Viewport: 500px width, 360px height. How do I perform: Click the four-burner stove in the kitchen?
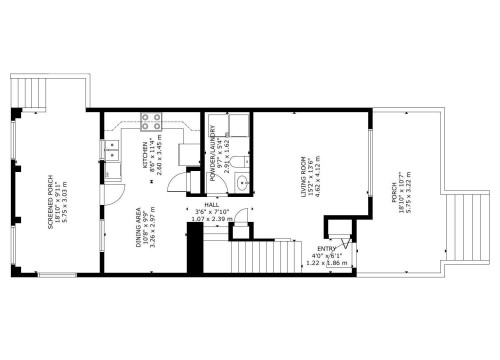152,122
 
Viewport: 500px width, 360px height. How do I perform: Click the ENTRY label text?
326,250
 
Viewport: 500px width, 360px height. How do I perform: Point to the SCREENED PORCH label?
50,200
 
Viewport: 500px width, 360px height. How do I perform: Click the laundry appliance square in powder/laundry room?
238,125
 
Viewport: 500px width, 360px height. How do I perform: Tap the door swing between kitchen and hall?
177,183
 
